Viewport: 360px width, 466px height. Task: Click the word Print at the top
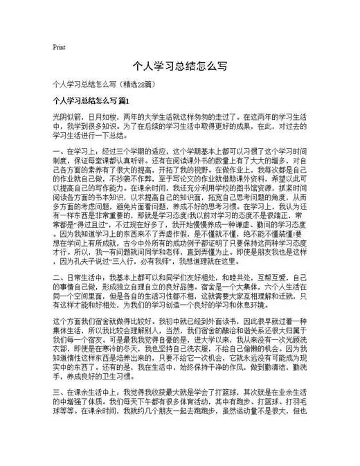(59, 48)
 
